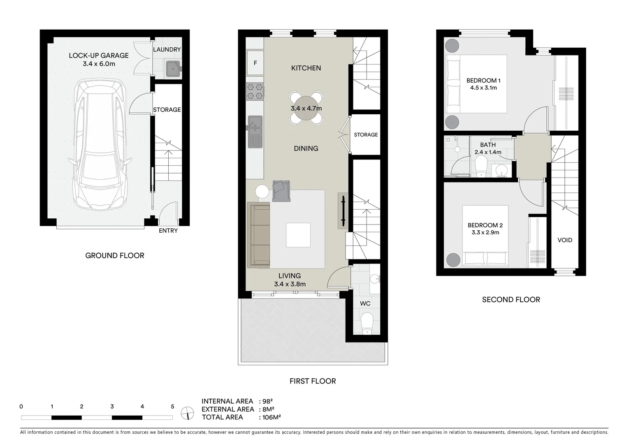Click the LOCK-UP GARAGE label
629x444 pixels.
pos(99,55)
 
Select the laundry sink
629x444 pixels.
pos(173,69)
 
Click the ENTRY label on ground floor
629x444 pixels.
pos(168,231)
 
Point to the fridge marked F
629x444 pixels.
pos(255,63)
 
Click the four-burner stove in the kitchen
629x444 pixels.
pos(255,91)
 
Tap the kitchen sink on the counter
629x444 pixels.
pos(255,132)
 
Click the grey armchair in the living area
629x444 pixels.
pos(281,191)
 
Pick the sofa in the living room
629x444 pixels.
pos(258,235)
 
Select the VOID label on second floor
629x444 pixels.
pos(564,240)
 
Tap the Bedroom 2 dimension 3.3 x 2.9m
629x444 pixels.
pos(485,232)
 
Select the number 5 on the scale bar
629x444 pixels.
pos(172,407)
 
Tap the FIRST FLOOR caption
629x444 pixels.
pos(312,381)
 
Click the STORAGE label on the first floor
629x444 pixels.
pos(365,134)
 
